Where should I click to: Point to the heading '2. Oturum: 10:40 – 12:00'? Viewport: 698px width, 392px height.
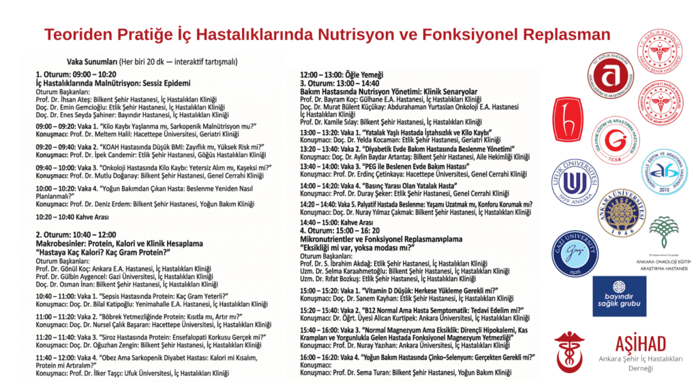(76, 235)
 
